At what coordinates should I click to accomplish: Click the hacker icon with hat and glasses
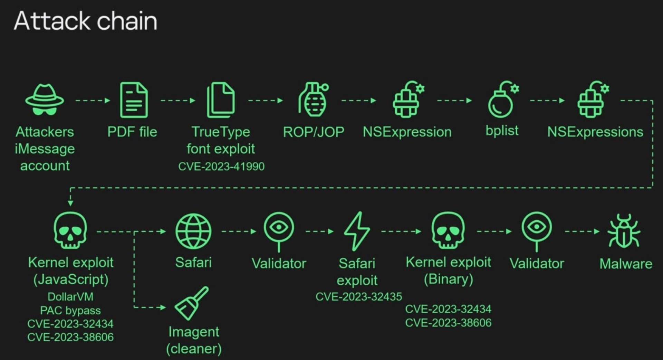tap(45, 100)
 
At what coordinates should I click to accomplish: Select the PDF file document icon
tap(134, 100)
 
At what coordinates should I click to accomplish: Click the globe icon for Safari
tap(193, 231)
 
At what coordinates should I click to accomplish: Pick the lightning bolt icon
tap(357, 231)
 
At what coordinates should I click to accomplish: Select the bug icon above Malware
tap(624, 231)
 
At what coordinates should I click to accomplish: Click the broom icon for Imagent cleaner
tap(192, 303)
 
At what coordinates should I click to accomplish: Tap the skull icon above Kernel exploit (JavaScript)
tap(70, 230)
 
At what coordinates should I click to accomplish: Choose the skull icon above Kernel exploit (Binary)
tap(448, 230)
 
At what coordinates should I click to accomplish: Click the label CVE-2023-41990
tap(221, 167)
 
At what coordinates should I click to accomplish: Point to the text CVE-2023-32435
tap(359, 296)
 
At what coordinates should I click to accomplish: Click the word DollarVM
tap(70, 296)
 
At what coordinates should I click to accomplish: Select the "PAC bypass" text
tap(70, 310)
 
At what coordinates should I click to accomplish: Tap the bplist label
tap(502, 131)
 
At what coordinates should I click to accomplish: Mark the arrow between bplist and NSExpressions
tap(547, 101)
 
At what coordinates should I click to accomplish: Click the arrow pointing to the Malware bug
tap(582, 231)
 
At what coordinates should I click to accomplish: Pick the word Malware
tap(626, 264)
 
